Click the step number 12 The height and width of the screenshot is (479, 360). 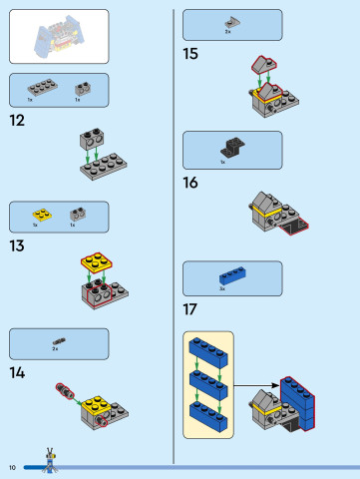[x=16, y=121]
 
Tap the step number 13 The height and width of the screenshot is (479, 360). [x=17, y=245]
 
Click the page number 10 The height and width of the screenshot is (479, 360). [x=13, y=467]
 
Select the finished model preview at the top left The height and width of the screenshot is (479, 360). [x=59, y=36]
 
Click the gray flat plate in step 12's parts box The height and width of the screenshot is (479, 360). [x=40, y=86]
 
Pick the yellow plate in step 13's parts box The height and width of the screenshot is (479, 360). [x=40, y=214]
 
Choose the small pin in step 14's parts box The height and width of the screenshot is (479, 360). [x=58, y=340]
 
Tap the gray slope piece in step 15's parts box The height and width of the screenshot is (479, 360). [x=231, y=20]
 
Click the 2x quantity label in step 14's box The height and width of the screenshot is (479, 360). [x=55, y=350]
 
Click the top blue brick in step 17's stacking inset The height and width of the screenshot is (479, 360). [x=209, y=351]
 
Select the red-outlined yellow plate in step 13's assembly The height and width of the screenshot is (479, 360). [x=96, y=263]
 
